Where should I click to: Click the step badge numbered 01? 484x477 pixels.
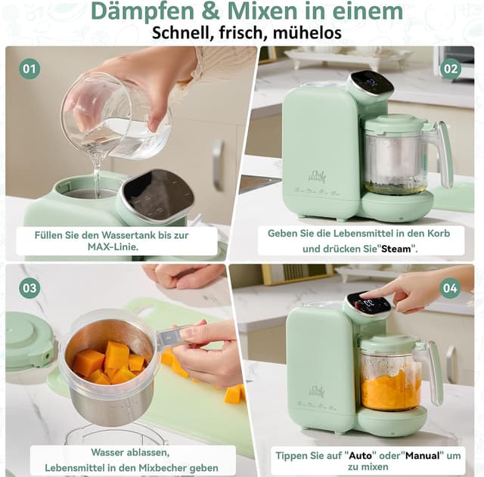29,69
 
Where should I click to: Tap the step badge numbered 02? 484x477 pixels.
451,69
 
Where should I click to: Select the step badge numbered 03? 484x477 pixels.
29,287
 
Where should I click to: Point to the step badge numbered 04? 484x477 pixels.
451,287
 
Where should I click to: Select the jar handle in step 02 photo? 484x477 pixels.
442,151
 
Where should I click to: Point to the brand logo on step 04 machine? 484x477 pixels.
316,392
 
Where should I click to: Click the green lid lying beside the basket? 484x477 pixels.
29,340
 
